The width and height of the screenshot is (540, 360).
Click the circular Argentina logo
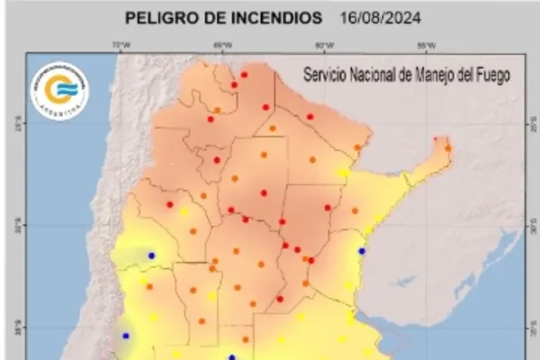pos(59,91)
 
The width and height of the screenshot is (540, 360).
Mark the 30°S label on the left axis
pos(16,226)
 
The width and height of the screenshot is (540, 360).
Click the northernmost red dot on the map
pos(244,74)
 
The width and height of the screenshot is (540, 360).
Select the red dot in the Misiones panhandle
pos(436,139)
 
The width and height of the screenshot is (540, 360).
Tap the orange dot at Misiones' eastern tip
pos(447,148)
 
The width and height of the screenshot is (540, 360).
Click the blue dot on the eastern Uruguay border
pos(363,251)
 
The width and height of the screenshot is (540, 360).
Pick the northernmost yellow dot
pos(343,173)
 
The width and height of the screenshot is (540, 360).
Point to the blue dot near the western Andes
pos(151,256)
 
